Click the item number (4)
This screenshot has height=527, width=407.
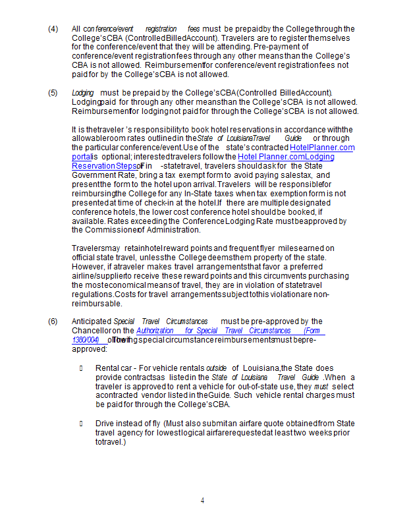[x=53, y=29]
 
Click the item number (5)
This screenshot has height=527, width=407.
[x=53, y=93]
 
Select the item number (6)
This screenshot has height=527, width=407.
[x=53, y=321]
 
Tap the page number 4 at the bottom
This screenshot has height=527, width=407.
[x=203, y=501]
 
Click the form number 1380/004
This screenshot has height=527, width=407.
[x=85, y=339]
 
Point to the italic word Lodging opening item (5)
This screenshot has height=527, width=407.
[x=82, y=93]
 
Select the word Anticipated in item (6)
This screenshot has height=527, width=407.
[x=92, y=321]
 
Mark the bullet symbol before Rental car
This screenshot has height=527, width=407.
[x=81, y=368]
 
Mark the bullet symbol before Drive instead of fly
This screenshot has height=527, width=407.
[x=81, y=423]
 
